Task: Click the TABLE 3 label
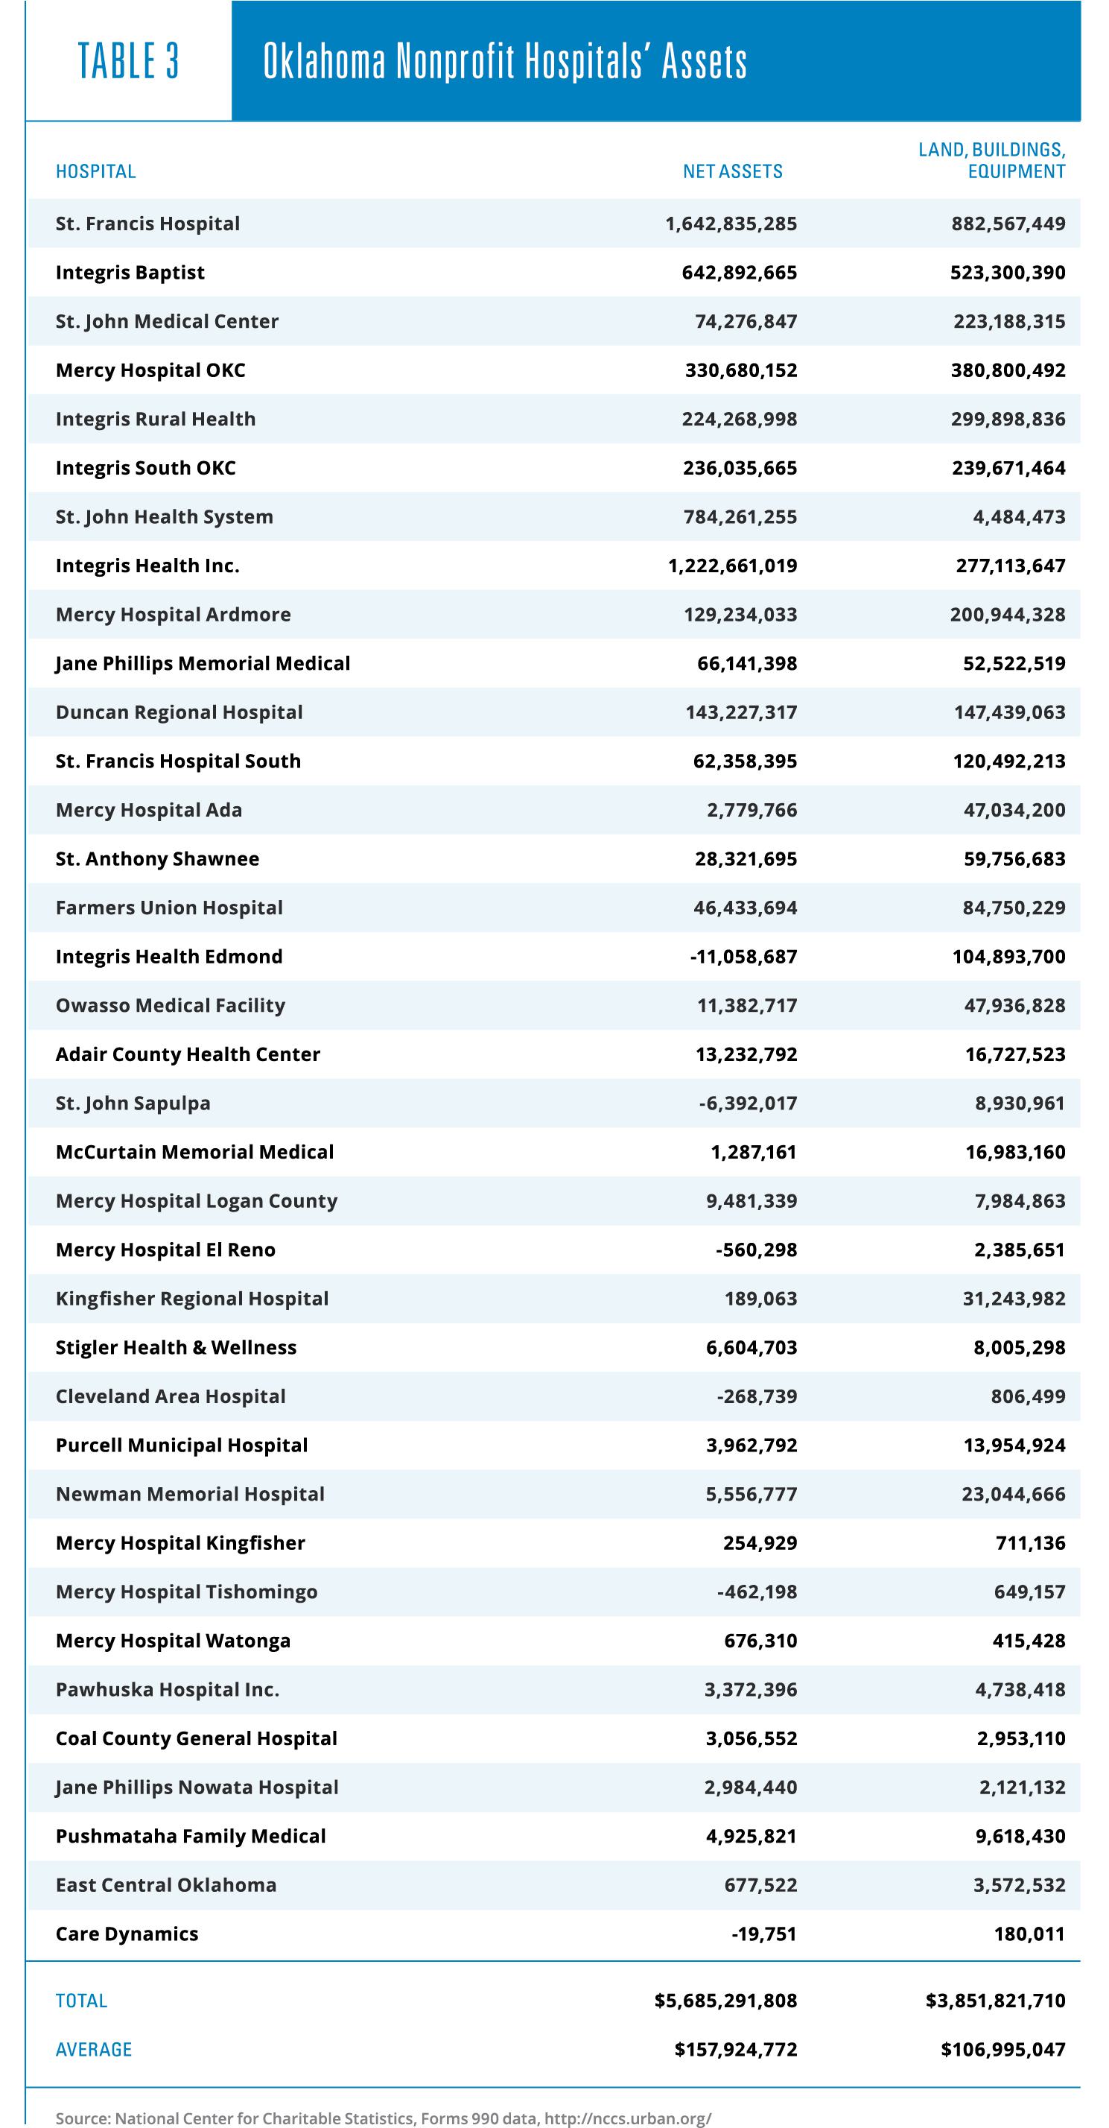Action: [128, 62]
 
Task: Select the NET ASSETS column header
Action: [732, 172]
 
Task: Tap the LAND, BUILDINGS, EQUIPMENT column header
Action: [992, 160]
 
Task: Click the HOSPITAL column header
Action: [96, 172]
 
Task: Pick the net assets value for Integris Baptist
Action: [739, 273]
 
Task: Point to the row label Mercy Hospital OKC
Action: [150, 370]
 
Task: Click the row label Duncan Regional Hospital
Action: [179, 712]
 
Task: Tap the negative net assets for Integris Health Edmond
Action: [743, 957]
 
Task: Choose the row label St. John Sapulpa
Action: [133, 1103]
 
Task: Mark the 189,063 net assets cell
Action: [760, 1299]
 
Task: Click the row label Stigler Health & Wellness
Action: [176, 1347]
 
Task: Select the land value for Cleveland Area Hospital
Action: [1028, 1396]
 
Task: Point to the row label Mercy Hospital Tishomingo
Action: [187, 1592]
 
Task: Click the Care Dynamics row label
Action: [127, 1934]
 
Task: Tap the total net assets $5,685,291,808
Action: [726, 2001]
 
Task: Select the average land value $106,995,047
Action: [1002, 2050]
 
